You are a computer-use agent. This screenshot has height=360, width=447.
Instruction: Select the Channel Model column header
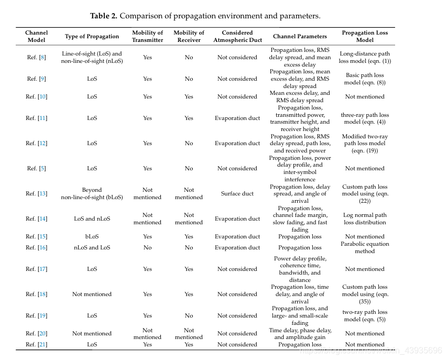pos(36,36)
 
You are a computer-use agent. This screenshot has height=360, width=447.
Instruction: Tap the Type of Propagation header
pos(92,36)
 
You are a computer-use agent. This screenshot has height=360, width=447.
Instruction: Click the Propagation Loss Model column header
pos(365,36)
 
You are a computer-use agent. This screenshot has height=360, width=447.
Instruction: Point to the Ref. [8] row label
pos(36,57)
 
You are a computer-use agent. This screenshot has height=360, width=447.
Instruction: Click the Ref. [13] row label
pos(36,193)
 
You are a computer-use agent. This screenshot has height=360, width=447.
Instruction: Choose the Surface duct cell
pos(237,193)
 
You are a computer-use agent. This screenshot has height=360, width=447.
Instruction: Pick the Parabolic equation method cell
pos(365,247)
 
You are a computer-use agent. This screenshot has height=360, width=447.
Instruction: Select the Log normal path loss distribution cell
pos(365,219)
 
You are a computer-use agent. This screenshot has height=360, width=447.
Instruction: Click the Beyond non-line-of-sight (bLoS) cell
pos(92,193)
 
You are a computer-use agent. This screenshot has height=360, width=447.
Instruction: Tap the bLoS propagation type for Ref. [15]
pos(92,236)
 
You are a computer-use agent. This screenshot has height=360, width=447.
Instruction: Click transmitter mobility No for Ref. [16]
pos(147,247)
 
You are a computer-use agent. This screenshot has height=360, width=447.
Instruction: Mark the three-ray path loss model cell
pos(365,118)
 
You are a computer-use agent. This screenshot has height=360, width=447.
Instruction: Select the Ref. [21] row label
pos(36,344)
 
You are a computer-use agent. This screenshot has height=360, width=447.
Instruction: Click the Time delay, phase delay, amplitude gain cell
pos(300,334)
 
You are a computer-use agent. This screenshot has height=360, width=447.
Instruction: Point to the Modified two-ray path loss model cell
pos(365,143)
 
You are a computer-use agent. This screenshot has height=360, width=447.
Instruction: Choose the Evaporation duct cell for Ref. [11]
pos(237,118)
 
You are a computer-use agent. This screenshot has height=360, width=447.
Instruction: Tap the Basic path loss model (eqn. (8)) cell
pos(365,79)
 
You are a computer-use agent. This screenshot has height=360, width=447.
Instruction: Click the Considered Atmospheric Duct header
pos(237,36)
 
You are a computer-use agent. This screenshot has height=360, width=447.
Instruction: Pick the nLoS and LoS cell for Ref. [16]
pos(92,247)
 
